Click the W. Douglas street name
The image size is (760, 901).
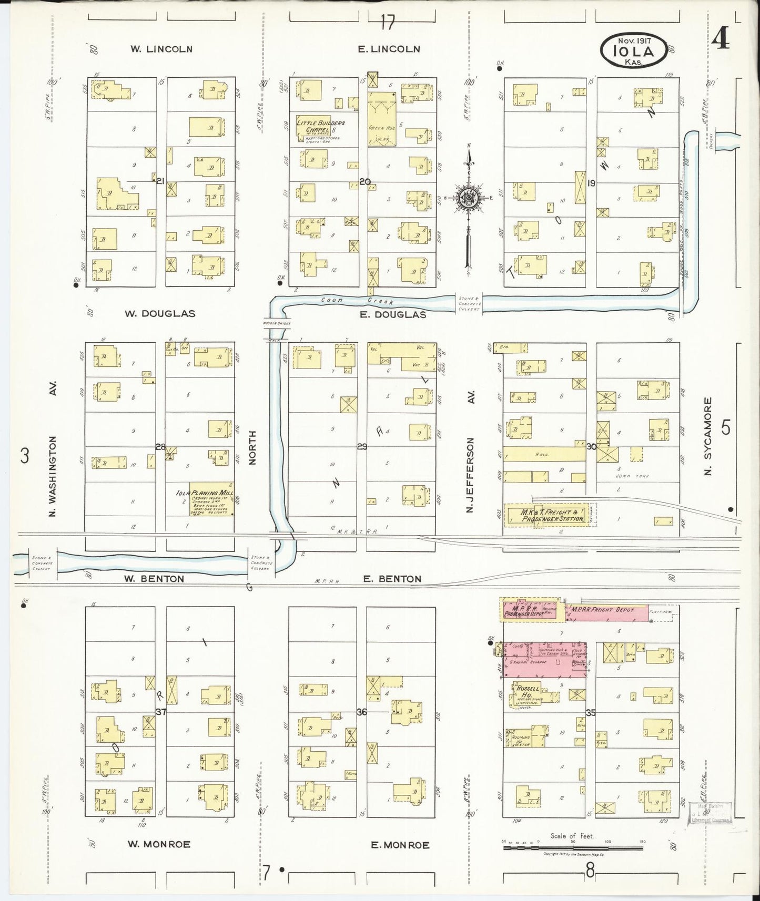point(160,314)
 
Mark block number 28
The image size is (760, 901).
point(160,447)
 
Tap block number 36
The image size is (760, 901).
point(362,712)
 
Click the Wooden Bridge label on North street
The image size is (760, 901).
point(273,324)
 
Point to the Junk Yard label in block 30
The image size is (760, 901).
point(632,476)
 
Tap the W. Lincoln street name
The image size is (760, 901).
point(161,49)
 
